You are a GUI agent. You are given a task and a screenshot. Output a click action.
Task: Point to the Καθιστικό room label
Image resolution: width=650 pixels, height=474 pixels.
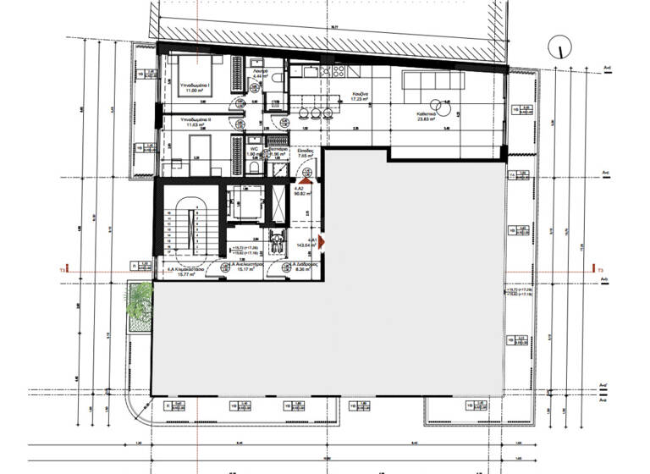click(x=425, y=113)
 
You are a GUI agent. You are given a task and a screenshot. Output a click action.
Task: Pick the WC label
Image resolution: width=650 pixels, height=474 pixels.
click(x=252, y=149)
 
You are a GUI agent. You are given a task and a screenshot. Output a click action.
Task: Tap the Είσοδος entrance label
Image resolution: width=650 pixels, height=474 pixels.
click(x=306, y=150)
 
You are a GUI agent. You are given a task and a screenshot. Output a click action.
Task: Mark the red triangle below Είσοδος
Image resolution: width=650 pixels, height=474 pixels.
click(x=306, y=179)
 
